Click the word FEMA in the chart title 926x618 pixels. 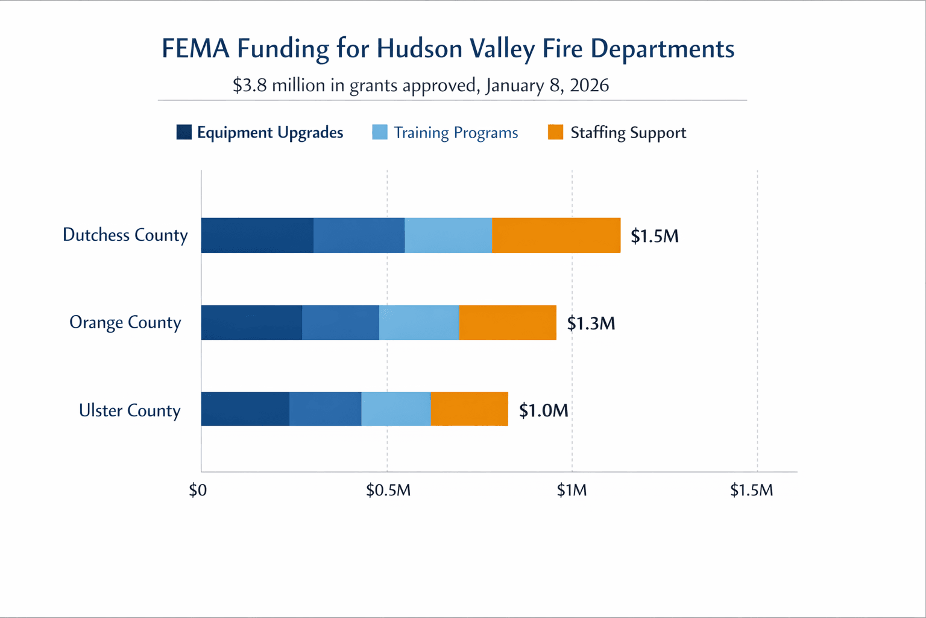[195, 49]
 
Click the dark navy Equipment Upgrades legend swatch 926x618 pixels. [184, 132]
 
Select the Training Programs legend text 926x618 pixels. [456, 133]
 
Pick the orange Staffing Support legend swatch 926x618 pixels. [555, 132]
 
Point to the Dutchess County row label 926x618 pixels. [125, 235]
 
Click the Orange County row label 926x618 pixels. [125, 322]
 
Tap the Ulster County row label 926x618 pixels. [130, 410]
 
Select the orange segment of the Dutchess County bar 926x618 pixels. [556, 235]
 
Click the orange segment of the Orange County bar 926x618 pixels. [507, 322]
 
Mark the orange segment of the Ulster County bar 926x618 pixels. [469, 409]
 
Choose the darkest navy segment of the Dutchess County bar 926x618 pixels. [257, 235]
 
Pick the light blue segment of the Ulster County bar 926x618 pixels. [395, 409]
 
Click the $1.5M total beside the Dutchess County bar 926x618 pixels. [654, 236]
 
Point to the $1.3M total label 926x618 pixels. [591, 323]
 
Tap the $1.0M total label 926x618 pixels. [543, 410]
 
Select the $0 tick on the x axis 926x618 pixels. [198, 490]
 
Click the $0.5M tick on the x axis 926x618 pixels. [388, 490]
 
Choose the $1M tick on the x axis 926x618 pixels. [572, 490]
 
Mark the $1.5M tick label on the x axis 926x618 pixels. [751, 490]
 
